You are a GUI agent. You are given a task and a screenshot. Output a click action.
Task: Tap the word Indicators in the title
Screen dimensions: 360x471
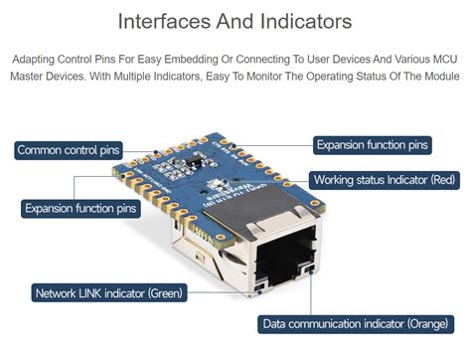pos(304,21)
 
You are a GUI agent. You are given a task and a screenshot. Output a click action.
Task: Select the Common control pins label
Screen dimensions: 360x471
pos(69,150)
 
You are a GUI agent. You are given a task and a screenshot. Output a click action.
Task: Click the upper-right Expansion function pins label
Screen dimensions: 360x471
pos(373,145)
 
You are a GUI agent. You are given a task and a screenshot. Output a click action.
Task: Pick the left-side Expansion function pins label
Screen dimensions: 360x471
pos(80,209)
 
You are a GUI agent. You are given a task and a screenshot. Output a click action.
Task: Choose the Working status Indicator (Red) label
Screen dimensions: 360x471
pos(385,180)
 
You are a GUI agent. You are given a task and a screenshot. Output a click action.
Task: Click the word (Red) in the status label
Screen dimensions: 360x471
pos(442,180)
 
